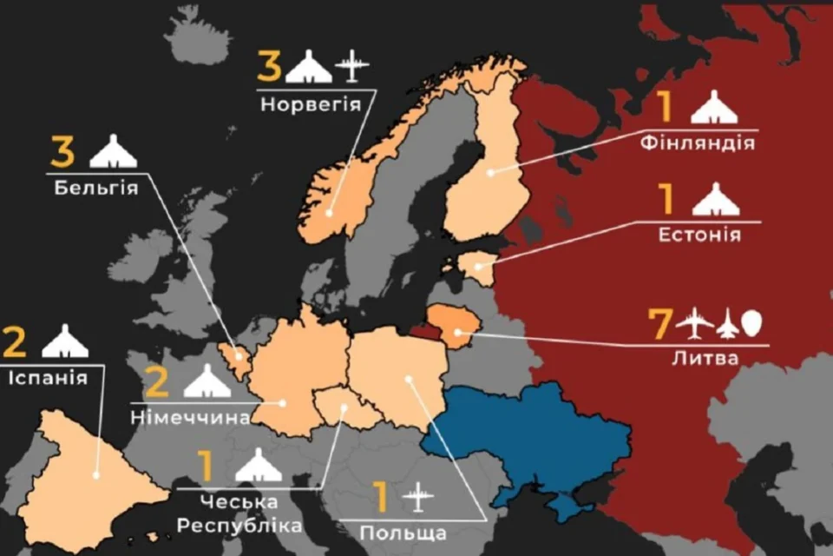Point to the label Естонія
point(699,235)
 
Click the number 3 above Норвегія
point(269,66)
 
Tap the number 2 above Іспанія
point(15,341)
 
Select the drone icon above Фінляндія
point(715,108)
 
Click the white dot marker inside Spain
point(97,474)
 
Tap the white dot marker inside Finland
point(490,172)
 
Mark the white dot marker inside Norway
point(331,213)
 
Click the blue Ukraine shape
point(538,434)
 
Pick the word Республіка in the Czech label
point(239,526)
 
